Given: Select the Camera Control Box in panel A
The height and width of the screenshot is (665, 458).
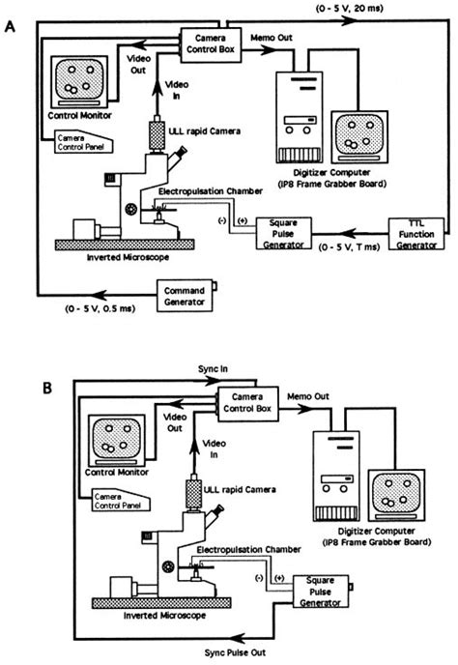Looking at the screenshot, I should pyautogui.click(x=209, y=42).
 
